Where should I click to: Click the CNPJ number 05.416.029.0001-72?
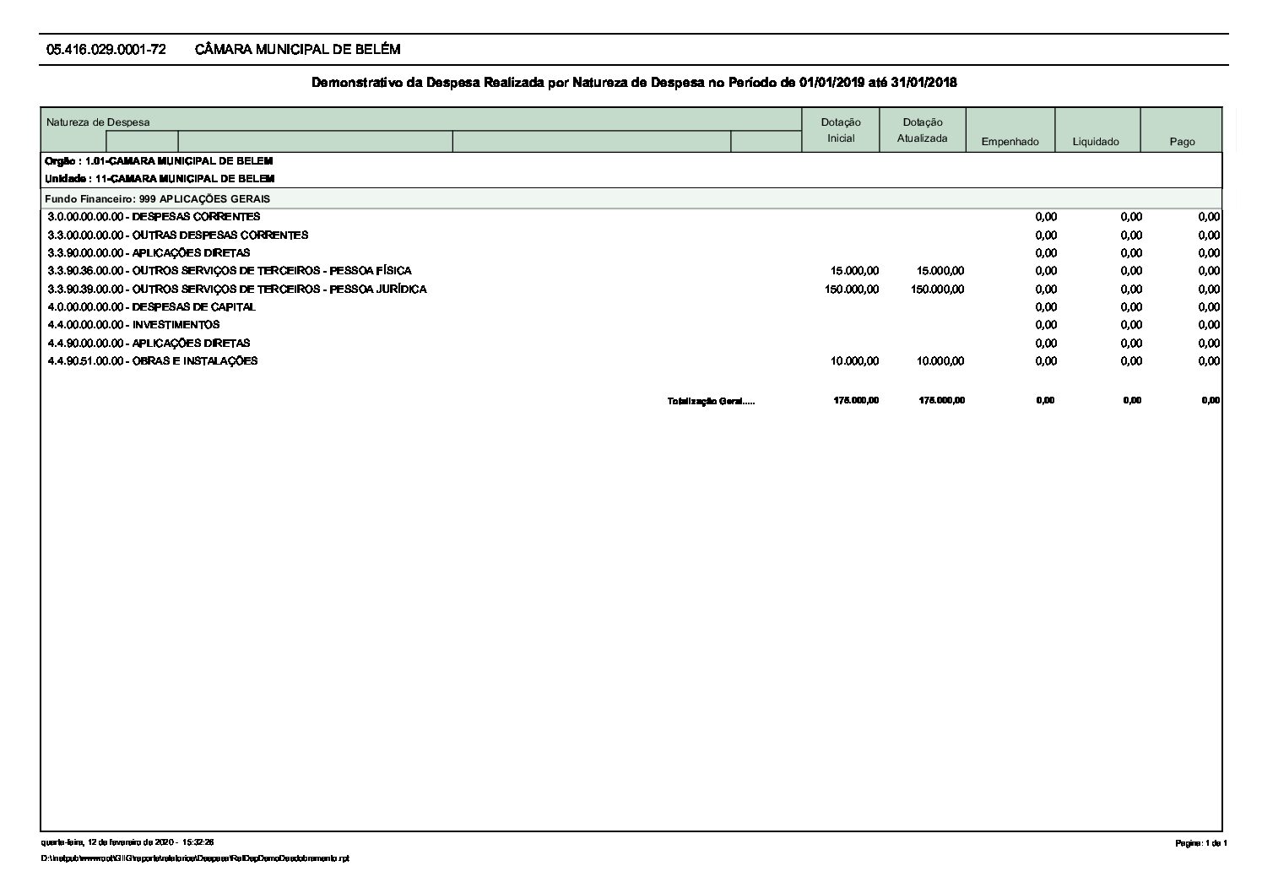(x=106, y=50)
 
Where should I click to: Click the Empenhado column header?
(x=1010, y=142)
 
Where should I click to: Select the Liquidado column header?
(x=1096, y=142)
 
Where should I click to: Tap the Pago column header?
(x=1182, y=142)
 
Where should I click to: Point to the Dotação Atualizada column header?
(x=922, y=130)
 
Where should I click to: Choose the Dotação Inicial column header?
(x=841, y=130)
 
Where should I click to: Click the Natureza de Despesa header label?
(x=98, y=122)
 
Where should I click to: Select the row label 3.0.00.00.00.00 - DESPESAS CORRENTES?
(x=154, y=217)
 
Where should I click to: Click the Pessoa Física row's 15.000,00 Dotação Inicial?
(x=854, y=271)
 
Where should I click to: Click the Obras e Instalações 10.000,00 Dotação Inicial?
(x=854, y=361)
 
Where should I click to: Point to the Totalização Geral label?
(x=711, y=401)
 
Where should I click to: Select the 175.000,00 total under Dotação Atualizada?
(x=941, y=401)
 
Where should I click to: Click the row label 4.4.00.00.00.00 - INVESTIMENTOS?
(x=133, y=325)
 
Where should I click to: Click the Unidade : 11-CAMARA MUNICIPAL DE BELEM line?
(x=160, y=179)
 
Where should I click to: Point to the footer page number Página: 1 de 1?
(x=1201, y=844)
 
